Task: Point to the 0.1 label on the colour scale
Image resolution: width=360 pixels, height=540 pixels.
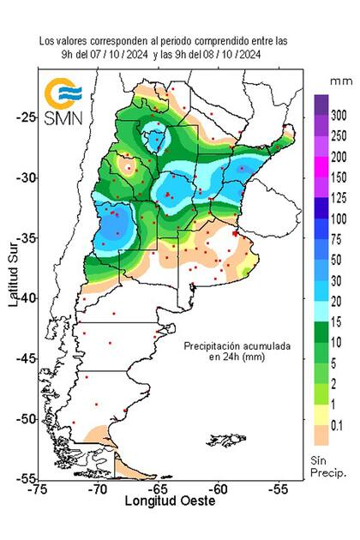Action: click(x=338, y=423)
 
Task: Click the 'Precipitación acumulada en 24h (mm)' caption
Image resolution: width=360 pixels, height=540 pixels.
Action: click(x=237, y=352)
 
